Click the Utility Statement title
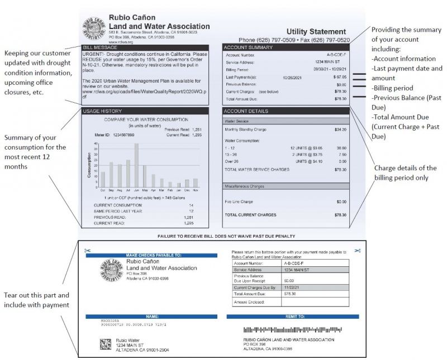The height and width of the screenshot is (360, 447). click(316, 32)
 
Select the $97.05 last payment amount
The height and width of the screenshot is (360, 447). click(340, 76)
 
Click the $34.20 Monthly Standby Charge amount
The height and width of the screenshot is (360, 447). click(340, 129)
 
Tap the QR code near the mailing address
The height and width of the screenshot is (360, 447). click(105, 344)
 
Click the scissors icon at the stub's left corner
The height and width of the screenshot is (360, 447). click(87, 251)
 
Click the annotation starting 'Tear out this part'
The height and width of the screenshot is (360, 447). click(37, 300)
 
